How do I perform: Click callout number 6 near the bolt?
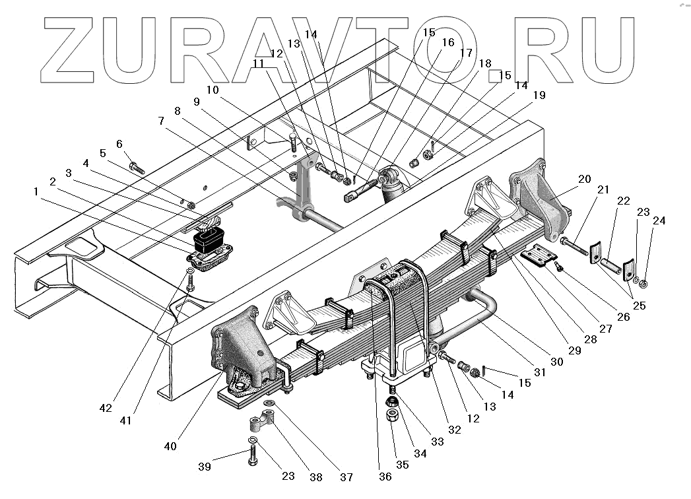click(119, 144)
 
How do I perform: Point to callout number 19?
click(539, 95)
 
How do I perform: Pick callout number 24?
click(659, 220)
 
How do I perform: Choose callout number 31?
click(540, 372)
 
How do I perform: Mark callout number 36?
click(385, 477)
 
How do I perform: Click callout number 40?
click(170, 446)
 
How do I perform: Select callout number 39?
click(205, 467)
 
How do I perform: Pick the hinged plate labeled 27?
click(539, 256)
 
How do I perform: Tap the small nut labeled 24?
click(645, 284)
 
